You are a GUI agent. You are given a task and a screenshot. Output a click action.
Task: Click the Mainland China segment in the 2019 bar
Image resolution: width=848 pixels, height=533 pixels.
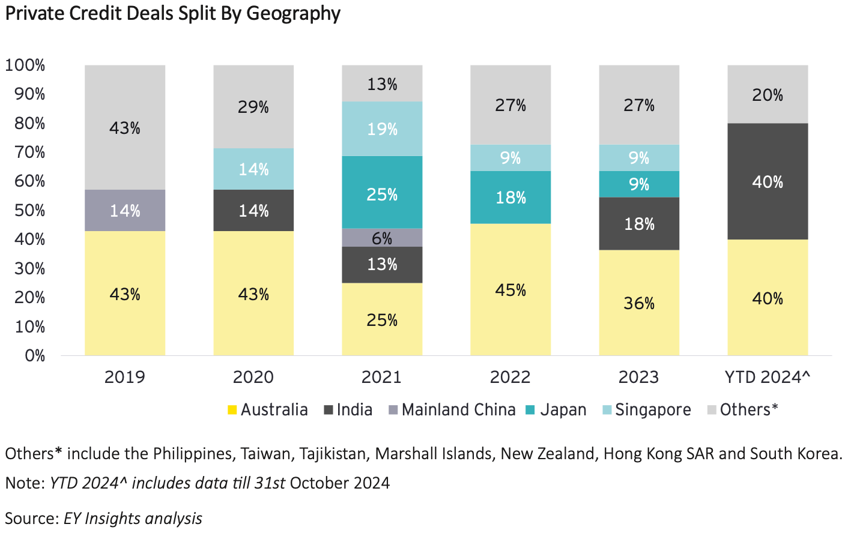[125, 211]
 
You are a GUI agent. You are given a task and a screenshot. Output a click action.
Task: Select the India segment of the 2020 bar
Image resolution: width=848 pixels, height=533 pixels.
[253, 211]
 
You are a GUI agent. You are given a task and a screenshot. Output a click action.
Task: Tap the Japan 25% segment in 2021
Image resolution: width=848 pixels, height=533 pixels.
[382, 193]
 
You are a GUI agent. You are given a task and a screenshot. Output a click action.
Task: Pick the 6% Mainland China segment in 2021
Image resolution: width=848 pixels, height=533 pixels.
[382, 238]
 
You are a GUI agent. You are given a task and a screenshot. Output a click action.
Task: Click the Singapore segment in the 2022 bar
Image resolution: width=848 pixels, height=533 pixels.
[510, 158]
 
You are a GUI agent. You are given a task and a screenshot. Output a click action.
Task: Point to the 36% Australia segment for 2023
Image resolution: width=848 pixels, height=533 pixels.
[639, 303]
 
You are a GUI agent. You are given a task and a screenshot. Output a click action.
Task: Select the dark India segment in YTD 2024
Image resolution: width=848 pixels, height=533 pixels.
[768, 181]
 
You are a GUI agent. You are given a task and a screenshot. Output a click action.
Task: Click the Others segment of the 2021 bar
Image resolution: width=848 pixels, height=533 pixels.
[382, 83]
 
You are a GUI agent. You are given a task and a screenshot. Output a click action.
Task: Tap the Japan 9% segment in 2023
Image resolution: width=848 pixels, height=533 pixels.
[639, 184]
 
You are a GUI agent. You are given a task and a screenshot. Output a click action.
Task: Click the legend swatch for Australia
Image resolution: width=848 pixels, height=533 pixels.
[232, 410]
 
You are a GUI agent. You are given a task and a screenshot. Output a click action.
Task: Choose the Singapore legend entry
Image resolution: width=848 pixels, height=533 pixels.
[653, 410]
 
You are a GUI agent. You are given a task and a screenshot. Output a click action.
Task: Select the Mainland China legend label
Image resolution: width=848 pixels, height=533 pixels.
[458, 410]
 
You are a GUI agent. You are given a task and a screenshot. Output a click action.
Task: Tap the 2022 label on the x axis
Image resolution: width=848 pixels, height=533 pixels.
[510, 377]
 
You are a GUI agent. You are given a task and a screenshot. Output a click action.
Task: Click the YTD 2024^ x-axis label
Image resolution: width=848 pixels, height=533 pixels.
[768, 377]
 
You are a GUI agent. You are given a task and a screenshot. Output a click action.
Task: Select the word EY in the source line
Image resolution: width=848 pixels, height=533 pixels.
[72, 519]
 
